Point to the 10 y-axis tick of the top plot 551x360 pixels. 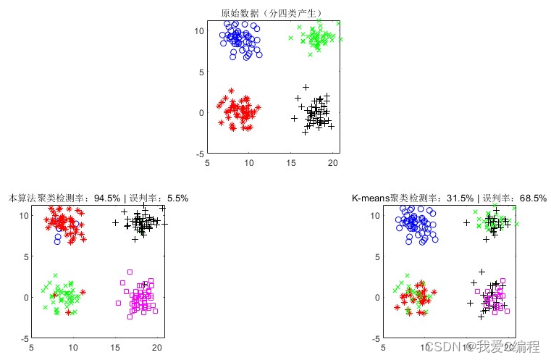[201, 30]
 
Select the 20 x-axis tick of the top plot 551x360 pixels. [333, 164]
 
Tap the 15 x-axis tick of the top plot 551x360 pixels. [292, 164]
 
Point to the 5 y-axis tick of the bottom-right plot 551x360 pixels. [377, 256]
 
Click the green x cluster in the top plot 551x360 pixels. [319, 38]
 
